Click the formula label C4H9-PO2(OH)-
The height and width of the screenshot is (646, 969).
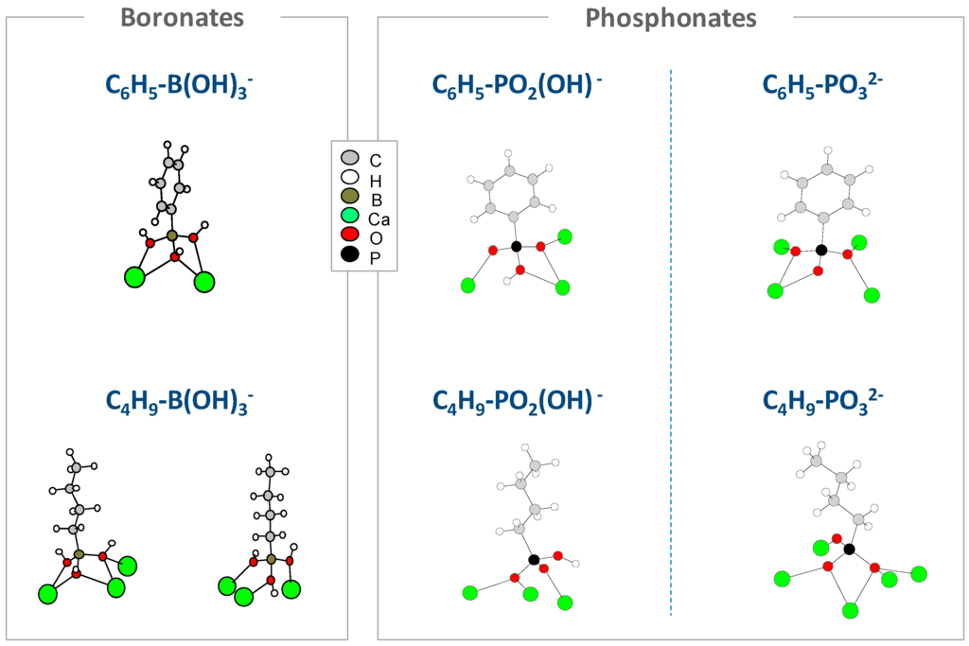pyautogui.click(x=518, y=401)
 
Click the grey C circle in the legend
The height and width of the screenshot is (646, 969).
pyautogui.click(x=349, y=156)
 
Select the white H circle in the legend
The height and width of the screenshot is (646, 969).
pyautogui.click(x=349, y=176)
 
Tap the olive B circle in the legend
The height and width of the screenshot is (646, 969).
pyautogui.click(x=349, y=196)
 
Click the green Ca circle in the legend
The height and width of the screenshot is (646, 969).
pyautogui.click(x=349, y=215)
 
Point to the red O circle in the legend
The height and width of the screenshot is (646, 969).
pyautogui.click(x=349, y=235)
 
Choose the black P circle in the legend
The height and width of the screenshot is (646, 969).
pyautogui.click(x=349, y=253)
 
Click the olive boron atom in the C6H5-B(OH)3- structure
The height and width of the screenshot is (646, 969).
pyautogui.click(x=171, y=235)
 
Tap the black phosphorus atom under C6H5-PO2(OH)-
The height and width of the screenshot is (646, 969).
pyautogui.click(x=516, y=247)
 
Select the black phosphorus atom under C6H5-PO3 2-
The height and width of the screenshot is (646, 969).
pyautogui.click(x=821, y=250)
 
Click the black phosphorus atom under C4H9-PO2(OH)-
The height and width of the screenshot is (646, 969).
pyautogui.click(x=535, y=561)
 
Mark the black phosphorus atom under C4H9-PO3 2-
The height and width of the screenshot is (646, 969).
pyautogui.click(x=849, y=549)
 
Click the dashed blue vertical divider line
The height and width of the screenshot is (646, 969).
pyautogui.click(x=671, y=340)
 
